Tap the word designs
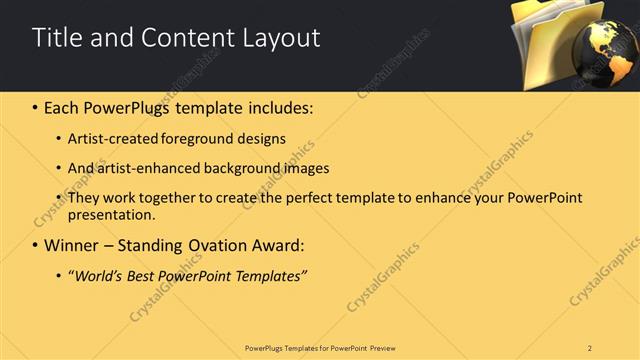point(262,138)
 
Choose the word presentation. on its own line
point(113,214)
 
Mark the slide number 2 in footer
point(590,347)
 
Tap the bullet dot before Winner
point(36,245)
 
